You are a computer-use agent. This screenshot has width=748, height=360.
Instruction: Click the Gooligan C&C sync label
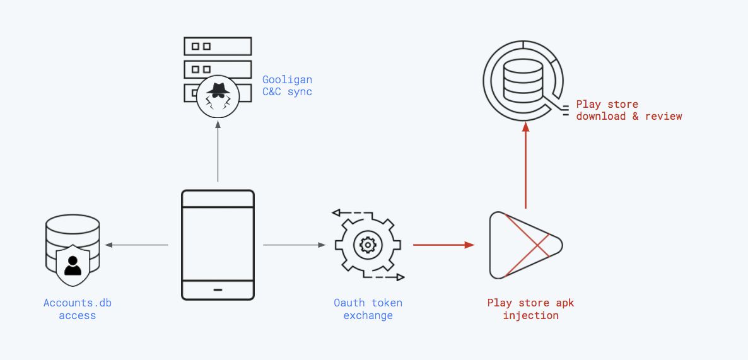click(x=287, y=86)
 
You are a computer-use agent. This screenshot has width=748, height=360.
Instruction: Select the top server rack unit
click(x=218, y=46)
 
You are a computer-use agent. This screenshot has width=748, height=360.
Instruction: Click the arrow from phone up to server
click(x=218, y=151)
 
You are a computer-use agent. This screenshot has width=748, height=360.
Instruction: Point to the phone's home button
click(x=218, y=290)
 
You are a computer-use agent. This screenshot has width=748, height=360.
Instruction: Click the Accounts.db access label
click(x=77, y=309)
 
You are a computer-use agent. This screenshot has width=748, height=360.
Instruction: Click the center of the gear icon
click(x=366, y=245)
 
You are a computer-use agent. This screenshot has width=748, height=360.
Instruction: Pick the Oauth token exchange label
click(x=368, y=309)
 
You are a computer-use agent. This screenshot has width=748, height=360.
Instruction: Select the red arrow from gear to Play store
click(x=443, y=245)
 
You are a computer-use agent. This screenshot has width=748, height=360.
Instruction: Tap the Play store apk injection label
click(x=530, y=309)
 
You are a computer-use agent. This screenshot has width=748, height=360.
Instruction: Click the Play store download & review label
click(x=629, y=110)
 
